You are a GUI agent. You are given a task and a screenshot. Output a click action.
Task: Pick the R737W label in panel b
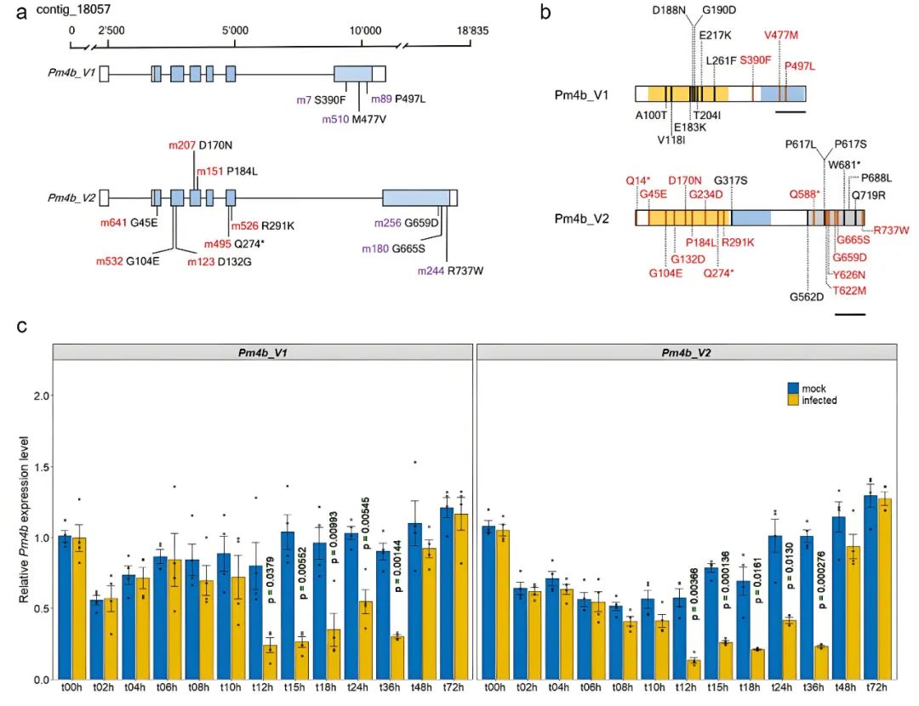point(892,230)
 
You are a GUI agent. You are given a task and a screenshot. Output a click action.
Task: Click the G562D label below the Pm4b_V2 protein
point(807,297)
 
